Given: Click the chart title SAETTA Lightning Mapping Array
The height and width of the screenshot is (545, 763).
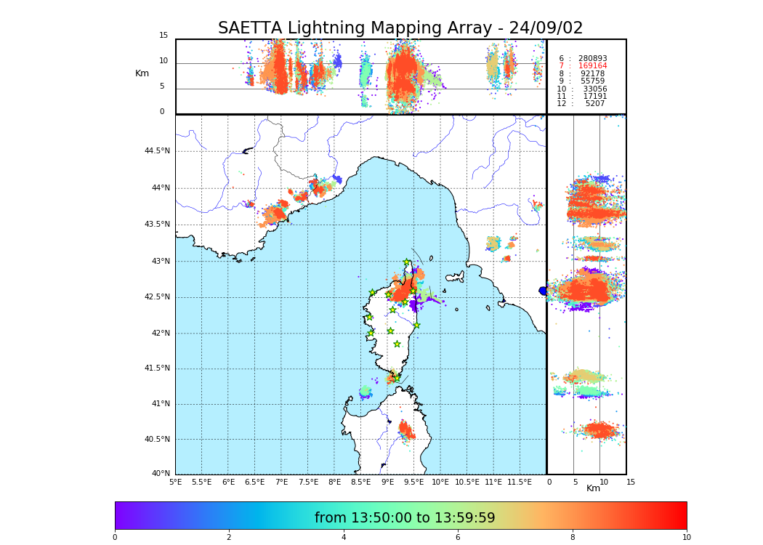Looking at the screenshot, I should click(400, 28).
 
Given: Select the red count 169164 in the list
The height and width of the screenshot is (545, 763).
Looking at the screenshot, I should click(592, 66).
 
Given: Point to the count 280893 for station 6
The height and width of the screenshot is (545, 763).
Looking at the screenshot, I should click(592, 58).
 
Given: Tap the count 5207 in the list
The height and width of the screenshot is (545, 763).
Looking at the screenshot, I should click(595, 103).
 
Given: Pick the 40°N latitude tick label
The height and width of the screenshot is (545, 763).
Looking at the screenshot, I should click(161, 474).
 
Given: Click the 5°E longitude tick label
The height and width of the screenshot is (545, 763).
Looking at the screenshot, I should click(175, 482).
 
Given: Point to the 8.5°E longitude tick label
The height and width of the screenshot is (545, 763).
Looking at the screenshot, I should click(361, 482).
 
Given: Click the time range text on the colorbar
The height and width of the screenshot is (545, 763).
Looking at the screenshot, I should click(405, 518).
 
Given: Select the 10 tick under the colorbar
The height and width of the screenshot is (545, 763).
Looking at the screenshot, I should click(686, 538).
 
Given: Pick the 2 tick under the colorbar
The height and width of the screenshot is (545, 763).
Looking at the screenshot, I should click(229, 538).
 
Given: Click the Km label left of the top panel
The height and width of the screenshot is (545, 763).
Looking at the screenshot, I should click(142, 73).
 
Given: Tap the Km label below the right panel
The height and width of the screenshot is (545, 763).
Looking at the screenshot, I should click(594, 488).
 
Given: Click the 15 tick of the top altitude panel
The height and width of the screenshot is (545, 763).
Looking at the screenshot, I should click(163, 36).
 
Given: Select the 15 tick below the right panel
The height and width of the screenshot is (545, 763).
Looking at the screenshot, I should click(631, 482).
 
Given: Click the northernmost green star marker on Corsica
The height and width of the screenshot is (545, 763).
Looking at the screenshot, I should click(407, 262).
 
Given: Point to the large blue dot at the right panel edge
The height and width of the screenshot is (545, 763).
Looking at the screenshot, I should click(543, 291).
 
